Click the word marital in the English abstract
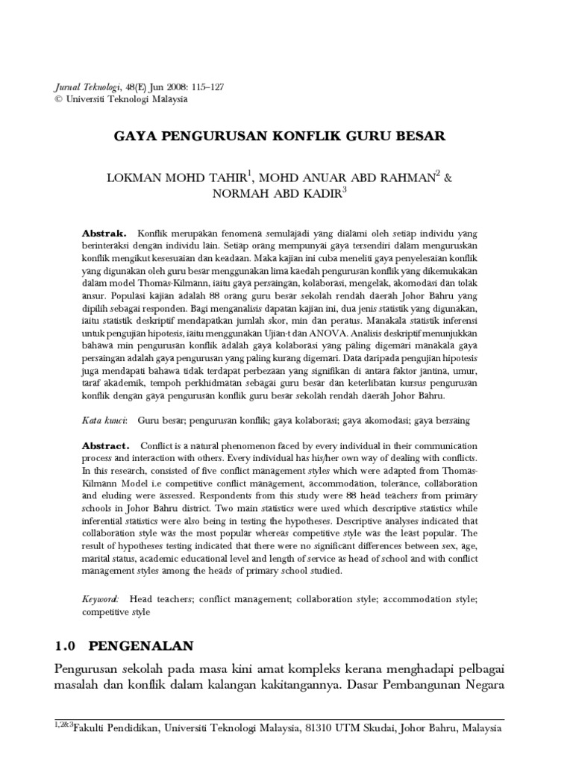[x=97, y=560]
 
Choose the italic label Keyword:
[x=101, y=598]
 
